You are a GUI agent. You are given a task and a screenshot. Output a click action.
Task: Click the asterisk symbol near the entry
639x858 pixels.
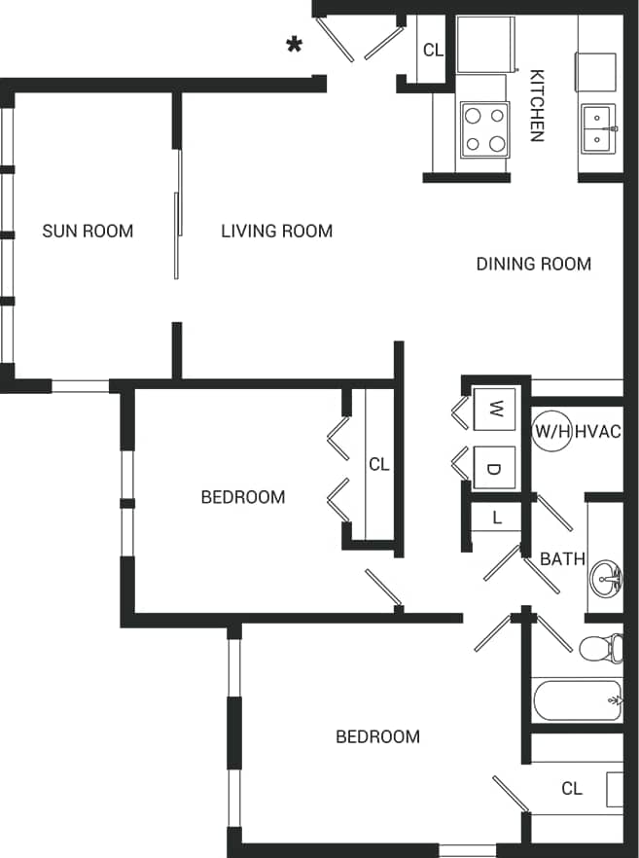pyautogui.click(x=293, y=45)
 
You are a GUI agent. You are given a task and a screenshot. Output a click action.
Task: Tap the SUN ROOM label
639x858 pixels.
pyautogui.click(x=88, y=231)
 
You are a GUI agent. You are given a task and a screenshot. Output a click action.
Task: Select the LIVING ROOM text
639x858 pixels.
pyautogui.click(x=276, y=231)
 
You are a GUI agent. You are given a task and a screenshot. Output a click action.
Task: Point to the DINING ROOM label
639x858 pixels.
pyautogui.click(x=533, y=264)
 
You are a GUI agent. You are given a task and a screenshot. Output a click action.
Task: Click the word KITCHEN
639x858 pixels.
pyautogui.click(x=536, y=105)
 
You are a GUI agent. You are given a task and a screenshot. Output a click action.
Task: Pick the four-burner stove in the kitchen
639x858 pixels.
pyautogui.click(x=485, y=129)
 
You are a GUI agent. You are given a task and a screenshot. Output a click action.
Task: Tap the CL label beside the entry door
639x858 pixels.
pyautogui.click(x=433, y=50)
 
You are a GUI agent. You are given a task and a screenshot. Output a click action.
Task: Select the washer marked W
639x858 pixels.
pyautogui.click(x=494, y=406)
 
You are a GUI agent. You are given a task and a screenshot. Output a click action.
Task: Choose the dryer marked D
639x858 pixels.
pyautogui.click(x=494, y=469)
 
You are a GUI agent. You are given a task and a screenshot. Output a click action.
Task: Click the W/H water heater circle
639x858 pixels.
pyautogui.click(x=551, y=431)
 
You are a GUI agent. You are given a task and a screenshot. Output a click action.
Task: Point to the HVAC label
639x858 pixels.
pyautogui.click(x=598, y=431)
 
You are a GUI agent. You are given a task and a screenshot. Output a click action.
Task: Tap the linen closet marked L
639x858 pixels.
pyautogui.click(x=496, y=518)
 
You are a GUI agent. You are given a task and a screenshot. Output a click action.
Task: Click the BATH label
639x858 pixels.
pyautogui.click(x=562, y=558)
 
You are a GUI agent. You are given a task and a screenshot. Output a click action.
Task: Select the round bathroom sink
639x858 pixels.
pyautogui.click(x=606, y=579)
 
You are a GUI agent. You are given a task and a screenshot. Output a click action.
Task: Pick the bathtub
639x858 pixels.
pyautogui.click(x=576, y=700)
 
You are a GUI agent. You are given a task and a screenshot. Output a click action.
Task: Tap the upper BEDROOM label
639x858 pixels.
pyautogui.click(x=242, y=497)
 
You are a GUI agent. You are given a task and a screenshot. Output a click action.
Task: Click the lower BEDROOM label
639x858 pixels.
pyautogui.click(x=377, y=736)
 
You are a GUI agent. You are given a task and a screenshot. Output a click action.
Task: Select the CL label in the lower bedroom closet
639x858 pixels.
pyautogui.click(x=572, y=788)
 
